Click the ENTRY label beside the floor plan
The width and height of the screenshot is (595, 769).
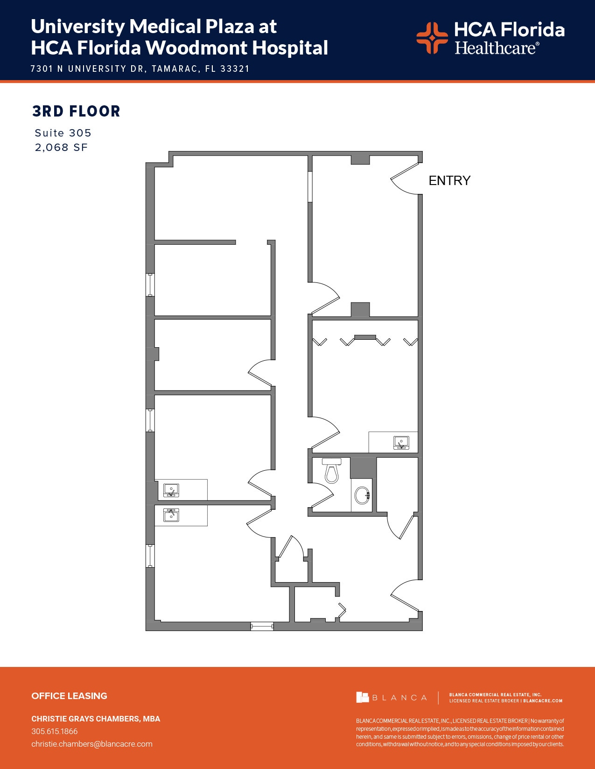(x=449, y=181)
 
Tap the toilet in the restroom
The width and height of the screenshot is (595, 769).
(x=331, y=471)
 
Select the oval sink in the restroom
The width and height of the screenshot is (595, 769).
(x=362, y=495)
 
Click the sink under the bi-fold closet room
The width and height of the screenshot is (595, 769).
(x=401, y=442)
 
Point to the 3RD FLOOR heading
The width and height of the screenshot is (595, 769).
(x=77, y=111)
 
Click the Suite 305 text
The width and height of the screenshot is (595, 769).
(x=63, y=133)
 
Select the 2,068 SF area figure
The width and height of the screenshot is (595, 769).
(x=61, y=147)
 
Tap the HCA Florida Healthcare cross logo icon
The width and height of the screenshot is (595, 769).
(x=432, y=38)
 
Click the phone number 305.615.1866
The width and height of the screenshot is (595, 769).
(x=55, y=731)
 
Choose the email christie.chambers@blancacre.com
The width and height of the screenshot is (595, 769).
(x=92, y=744)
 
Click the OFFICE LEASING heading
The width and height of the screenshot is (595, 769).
(x=69, y=696)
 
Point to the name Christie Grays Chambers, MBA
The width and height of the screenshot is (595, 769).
(x=96, y=719)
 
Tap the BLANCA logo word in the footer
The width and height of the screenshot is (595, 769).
(x=399, y=698)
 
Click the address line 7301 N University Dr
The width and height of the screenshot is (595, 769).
(x=140, y=69)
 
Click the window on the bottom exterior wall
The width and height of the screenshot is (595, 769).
(x=262, y=626)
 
